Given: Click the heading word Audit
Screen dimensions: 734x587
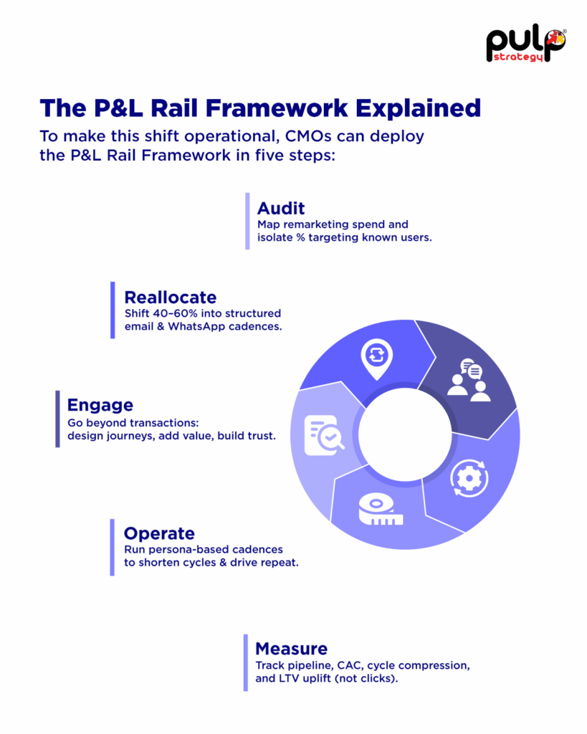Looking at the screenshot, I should click(281, 208).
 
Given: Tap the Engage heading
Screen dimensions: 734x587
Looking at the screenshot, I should click(100, 404).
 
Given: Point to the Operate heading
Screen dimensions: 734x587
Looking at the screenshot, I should click(159, 533).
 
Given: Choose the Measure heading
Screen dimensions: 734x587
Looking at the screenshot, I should click(291, 649).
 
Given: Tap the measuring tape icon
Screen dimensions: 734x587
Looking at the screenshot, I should click(381, 508).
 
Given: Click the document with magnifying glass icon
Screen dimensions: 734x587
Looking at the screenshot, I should click(323, 435).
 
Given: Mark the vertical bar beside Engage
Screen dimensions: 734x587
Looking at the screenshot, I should click(57, 419).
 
